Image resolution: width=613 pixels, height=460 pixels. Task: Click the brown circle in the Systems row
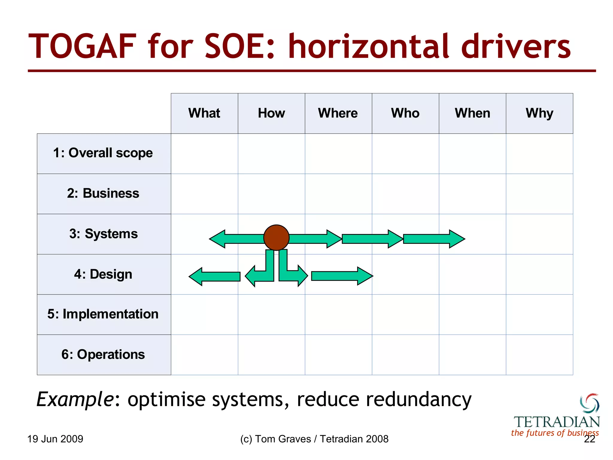tap(276, 237)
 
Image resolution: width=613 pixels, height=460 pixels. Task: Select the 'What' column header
tap(204, 113)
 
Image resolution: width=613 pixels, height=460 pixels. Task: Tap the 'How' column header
tap(271, 113)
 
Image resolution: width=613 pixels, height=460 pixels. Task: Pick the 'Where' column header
tap(338, 113)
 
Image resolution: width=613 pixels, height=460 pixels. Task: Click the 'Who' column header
tap(405, 113)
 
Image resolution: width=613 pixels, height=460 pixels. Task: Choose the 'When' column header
tap(472, 113)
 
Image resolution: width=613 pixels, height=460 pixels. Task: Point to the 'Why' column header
tap(539, 113)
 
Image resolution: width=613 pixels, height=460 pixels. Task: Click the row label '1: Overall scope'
tap(103, 153)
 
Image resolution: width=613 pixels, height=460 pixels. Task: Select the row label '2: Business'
tap(103, 193)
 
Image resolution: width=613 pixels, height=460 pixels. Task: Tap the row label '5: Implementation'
tap(103, 314)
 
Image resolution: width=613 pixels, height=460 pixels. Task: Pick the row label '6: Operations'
tap(103, 355)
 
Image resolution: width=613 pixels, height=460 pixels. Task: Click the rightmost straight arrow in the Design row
tap(342, 276)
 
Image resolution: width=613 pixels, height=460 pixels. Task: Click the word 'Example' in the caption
tap(75, 400)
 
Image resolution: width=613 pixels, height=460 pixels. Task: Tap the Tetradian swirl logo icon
tap(590, 403)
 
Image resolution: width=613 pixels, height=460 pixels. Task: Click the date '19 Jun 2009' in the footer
tap(55, 439)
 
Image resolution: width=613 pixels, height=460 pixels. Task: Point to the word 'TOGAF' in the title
tap(82, 47)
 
